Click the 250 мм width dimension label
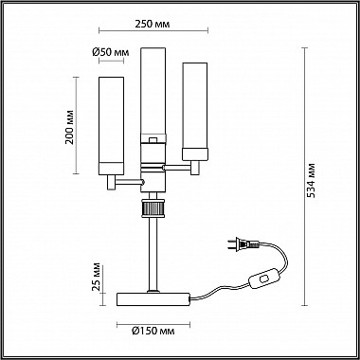(153, 24)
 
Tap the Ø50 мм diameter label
(111, 52)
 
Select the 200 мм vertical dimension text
(69, 127)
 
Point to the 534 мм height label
(312, 180)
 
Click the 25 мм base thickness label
(97, 277)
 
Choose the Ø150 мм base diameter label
(153, 331)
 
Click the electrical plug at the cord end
(243, 243)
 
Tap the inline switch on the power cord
(264, 279)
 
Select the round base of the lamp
(153, 299)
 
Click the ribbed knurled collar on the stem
(153, 208)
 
